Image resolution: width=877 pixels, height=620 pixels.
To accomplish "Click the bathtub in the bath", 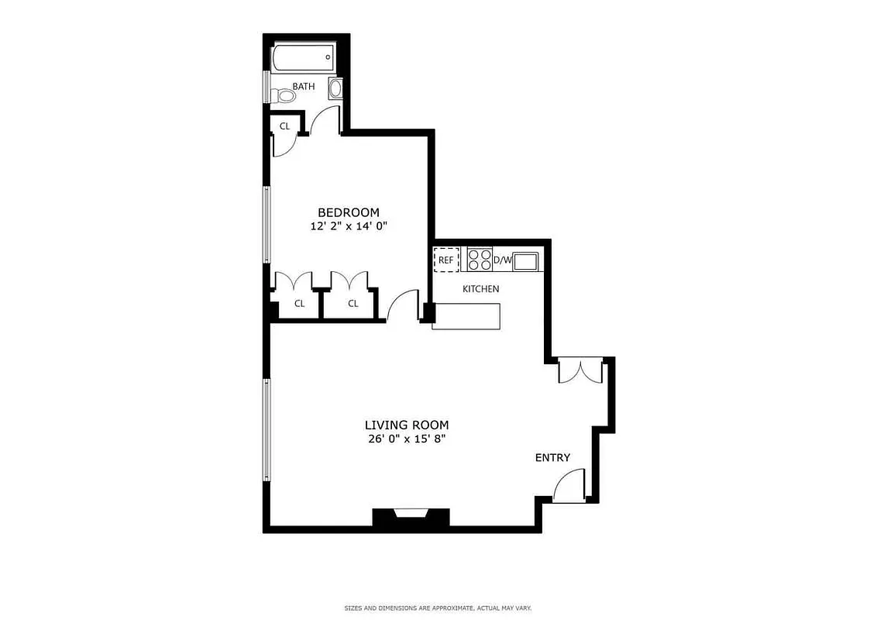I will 303,58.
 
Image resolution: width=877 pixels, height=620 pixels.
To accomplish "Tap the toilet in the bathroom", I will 284,96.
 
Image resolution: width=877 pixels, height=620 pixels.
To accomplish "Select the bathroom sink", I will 336,88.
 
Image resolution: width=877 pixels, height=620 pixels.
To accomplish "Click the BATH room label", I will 304,87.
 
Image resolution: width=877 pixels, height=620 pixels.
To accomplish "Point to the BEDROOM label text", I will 349,212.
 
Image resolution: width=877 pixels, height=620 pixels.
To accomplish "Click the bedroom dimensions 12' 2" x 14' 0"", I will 348,227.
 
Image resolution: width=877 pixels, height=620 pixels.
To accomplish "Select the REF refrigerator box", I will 445,260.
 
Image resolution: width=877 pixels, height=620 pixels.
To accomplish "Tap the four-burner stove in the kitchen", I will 480,259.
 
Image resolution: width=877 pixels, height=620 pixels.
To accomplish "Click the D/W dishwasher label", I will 502,260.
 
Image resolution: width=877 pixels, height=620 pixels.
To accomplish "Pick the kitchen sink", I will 527,261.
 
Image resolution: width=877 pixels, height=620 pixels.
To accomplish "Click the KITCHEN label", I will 480,289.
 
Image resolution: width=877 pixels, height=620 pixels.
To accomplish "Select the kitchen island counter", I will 466,316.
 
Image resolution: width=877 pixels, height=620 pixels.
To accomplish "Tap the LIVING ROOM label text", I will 407,425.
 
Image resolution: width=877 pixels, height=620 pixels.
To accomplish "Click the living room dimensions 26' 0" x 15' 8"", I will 407,439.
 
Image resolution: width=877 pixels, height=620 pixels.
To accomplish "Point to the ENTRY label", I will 552,458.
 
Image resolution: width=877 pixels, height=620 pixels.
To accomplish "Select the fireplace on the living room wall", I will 411,518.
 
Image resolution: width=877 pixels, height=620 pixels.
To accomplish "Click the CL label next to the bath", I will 284,126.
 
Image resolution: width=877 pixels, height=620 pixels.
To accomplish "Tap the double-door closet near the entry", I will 580,371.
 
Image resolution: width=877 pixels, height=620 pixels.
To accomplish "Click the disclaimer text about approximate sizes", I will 438,608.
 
